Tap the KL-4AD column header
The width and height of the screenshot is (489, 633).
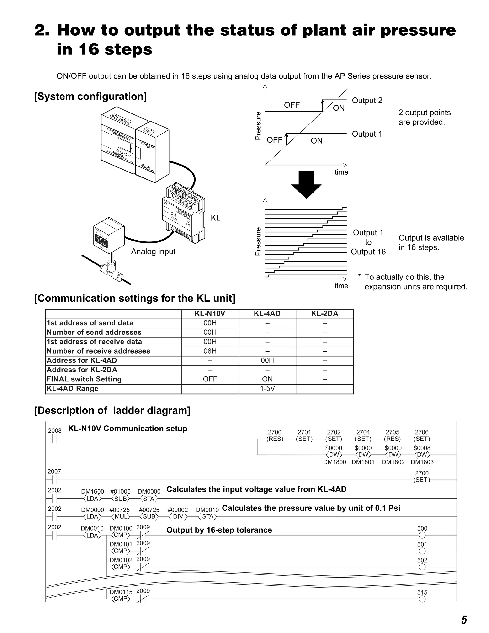click(x=267, y=314)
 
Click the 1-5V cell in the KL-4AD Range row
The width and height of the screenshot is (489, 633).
click(x=267, y=388)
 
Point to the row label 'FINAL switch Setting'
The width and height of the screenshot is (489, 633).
click(x=84, y=379)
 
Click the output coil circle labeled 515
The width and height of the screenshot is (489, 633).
click(x=422, y=599)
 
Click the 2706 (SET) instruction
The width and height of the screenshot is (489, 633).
click(x=421, y=439)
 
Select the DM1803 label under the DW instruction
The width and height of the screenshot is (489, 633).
click(x=422, y=462)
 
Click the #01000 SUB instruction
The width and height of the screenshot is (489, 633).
click(x=121, y=499)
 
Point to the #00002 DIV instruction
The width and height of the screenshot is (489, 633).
click(x=178, y=516)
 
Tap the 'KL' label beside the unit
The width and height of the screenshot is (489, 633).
click(x=216, y=218)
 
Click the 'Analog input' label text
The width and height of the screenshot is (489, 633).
click(x=153, y=251)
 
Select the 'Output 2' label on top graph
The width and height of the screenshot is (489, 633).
click(x=367, y=101)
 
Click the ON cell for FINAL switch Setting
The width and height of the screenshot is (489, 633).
click(x=267, y=379)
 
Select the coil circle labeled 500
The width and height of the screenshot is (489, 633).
click(x=422, y=535)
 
